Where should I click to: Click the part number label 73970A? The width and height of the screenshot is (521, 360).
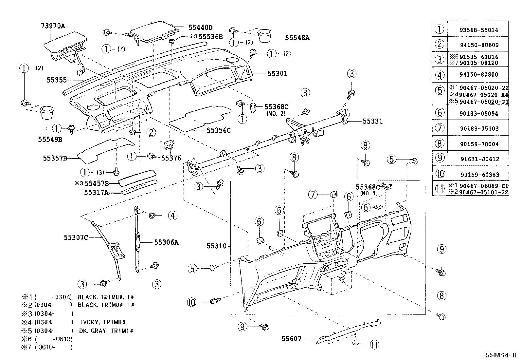point(53,26)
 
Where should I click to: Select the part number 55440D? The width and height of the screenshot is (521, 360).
point(200,28)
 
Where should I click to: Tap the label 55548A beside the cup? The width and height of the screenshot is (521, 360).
point(297,38)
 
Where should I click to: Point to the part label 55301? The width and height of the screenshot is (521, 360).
point(277,73)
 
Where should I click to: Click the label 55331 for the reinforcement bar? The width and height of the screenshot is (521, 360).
point(372,121)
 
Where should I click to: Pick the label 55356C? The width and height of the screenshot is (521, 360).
point(218,130)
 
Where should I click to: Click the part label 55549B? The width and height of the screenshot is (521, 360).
point(50,139)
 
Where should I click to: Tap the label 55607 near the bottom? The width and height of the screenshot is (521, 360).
point(291,339)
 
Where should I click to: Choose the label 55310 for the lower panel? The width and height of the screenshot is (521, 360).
point(216,246)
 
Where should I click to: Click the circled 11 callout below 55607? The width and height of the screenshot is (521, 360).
point(375,344)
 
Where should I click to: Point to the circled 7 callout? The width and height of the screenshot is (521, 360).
point(313,195)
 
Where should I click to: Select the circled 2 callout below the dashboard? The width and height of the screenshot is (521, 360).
point(151,132)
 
